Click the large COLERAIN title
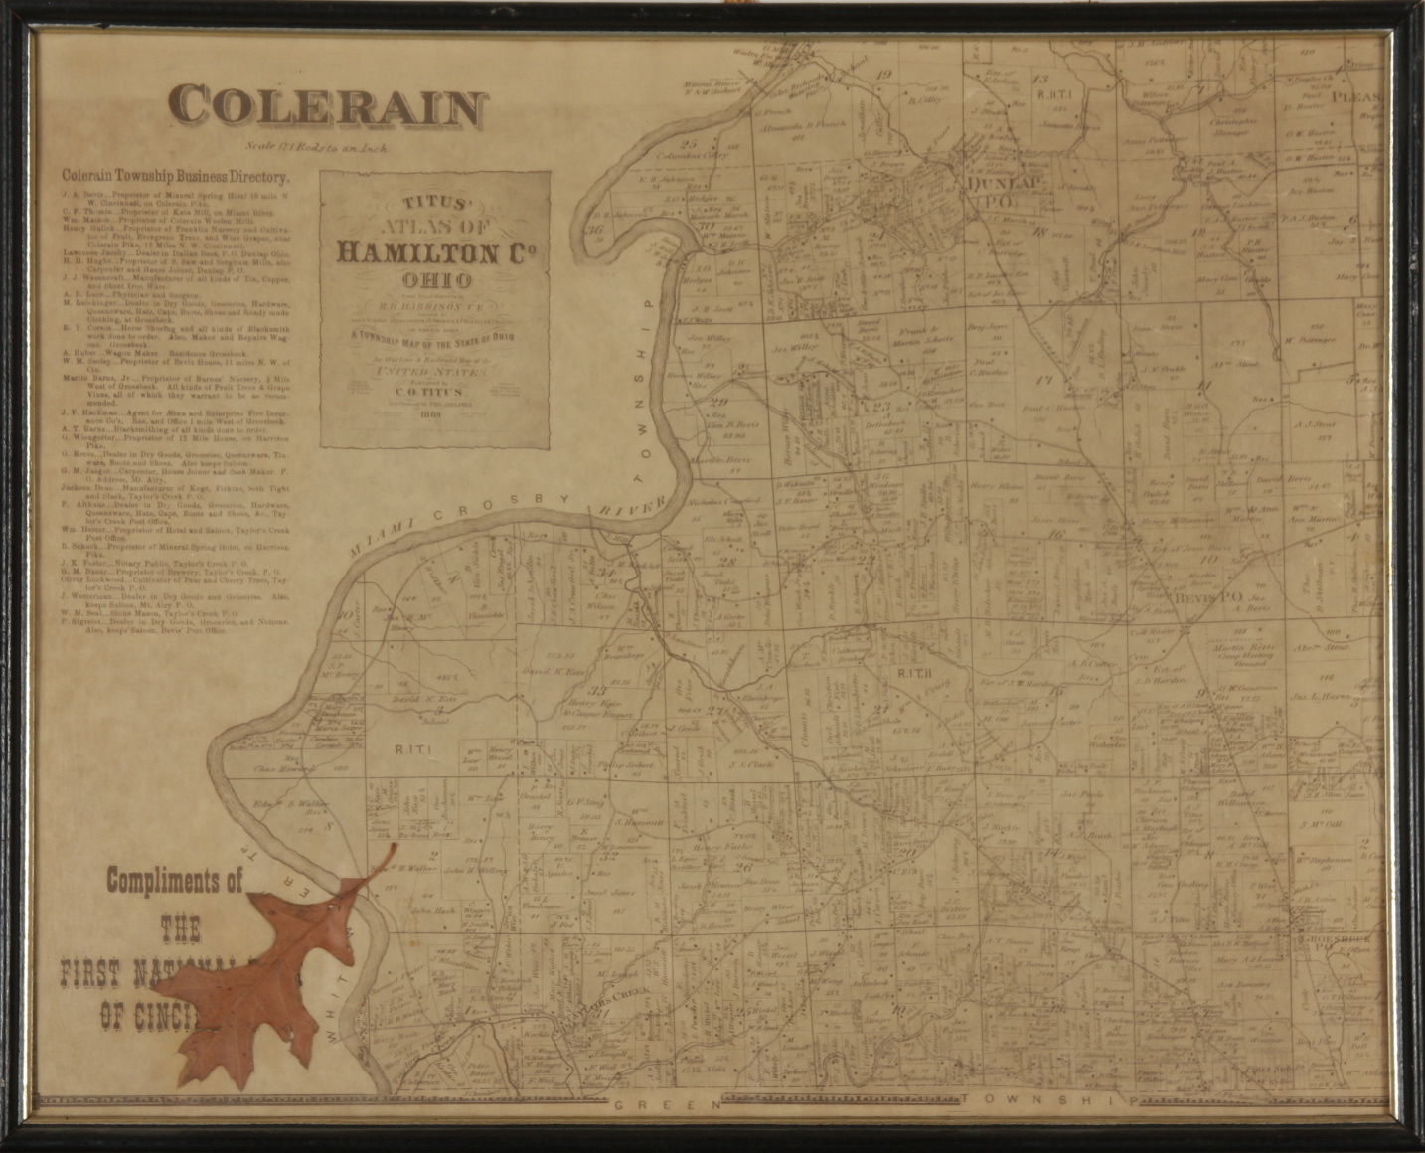point(327,106)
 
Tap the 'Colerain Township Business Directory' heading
point(175,178)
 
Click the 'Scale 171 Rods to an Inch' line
point(321,148)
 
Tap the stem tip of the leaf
point(395,845)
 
